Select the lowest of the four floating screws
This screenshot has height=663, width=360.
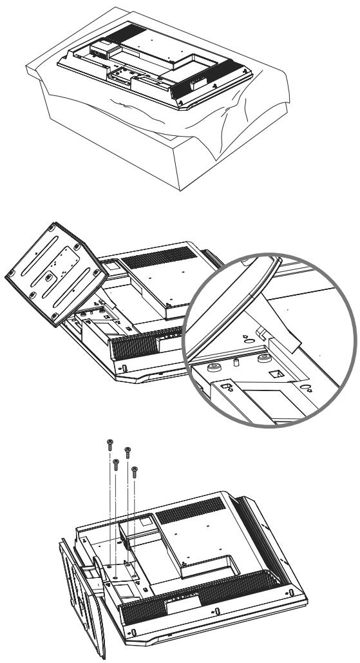click(134, 470)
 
